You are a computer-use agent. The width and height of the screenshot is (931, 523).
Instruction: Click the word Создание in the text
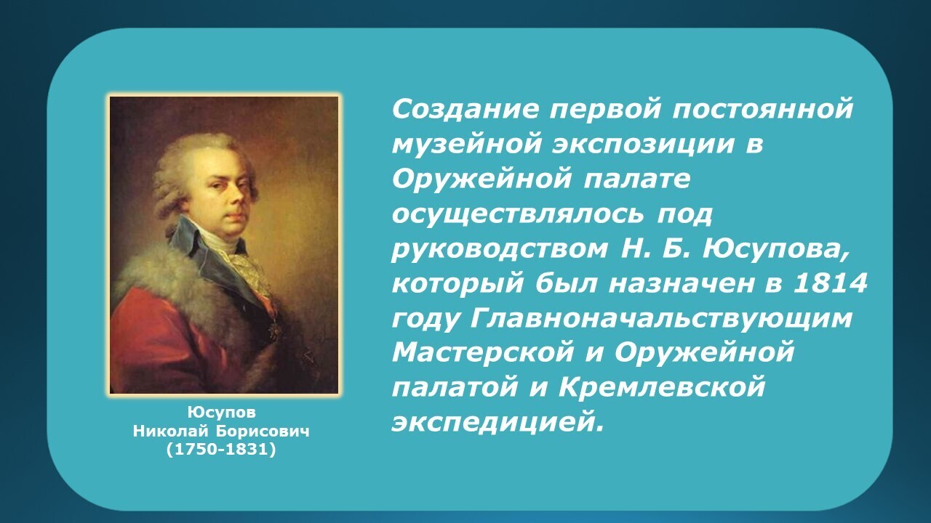(x=465, y=110)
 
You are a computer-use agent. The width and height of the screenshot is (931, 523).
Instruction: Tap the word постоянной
(x=762, y=110)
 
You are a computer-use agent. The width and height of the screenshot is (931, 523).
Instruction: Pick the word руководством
(x=500, y=251)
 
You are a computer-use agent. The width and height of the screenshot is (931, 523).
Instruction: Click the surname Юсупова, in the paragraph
(x=775, y=251)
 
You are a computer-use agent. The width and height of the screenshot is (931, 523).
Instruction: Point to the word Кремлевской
(x=662, y=388)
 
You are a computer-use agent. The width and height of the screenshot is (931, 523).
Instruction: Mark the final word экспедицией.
(x=498, y=423)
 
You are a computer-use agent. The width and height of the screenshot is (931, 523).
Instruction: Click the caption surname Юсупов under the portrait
(x=222, y=412)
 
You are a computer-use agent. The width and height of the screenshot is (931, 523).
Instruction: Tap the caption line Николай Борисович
(x=221, y=431)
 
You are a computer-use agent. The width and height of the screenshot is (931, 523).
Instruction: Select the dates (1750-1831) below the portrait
(x=221, y=450)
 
